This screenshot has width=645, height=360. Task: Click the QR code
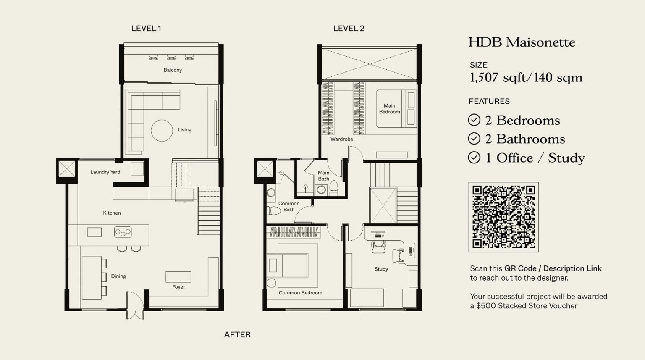click(x=503, y=217)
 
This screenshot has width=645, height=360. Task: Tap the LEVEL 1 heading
click(x=146, y=29)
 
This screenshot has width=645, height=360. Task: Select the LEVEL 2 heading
click(x=349, y=29)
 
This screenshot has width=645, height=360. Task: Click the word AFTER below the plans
click(x=237, y=335)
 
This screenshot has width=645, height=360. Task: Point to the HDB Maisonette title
click(x=522, y=42)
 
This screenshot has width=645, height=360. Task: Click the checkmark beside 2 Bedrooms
click(x=474, y=120)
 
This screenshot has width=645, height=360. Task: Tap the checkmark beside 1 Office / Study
click(x=474, y=158)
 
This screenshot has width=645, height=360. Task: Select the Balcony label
click(x=173, y=70)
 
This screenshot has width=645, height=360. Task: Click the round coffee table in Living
click(x=162, y=131)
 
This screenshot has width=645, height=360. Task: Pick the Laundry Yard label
click(x=105, y=172)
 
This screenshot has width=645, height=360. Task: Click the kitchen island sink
click(x=94, y=232)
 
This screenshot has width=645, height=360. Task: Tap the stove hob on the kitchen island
click(x=123, y=232)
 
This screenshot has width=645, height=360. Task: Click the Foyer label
click(x=178, y=287)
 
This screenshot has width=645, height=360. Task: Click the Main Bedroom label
click(x=389, y=109)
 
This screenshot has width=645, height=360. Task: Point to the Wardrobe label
click(x=341, y=139)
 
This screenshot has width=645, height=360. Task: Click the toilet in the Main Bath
click(x=334, y=188)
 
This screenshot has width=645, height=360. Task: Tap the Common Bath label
click(x=289, y=206)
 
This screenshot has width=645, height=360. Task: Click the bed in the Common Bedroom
click(x=292, y=265)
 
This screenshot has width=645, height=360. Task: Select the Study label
click(x=381, y=269)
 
